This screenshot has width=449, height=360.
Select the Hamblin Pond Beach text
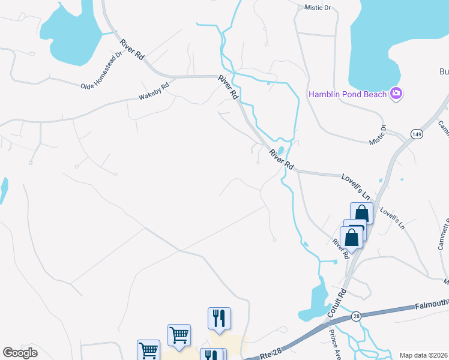348,94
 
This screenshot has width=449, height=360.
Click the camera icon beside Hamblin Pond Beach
396,93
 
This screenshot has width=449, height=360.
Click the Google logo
20,353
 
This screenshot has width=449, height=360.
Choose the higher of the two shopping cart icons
179,335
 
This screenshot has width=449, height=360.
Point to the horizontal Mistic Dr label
318,8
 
